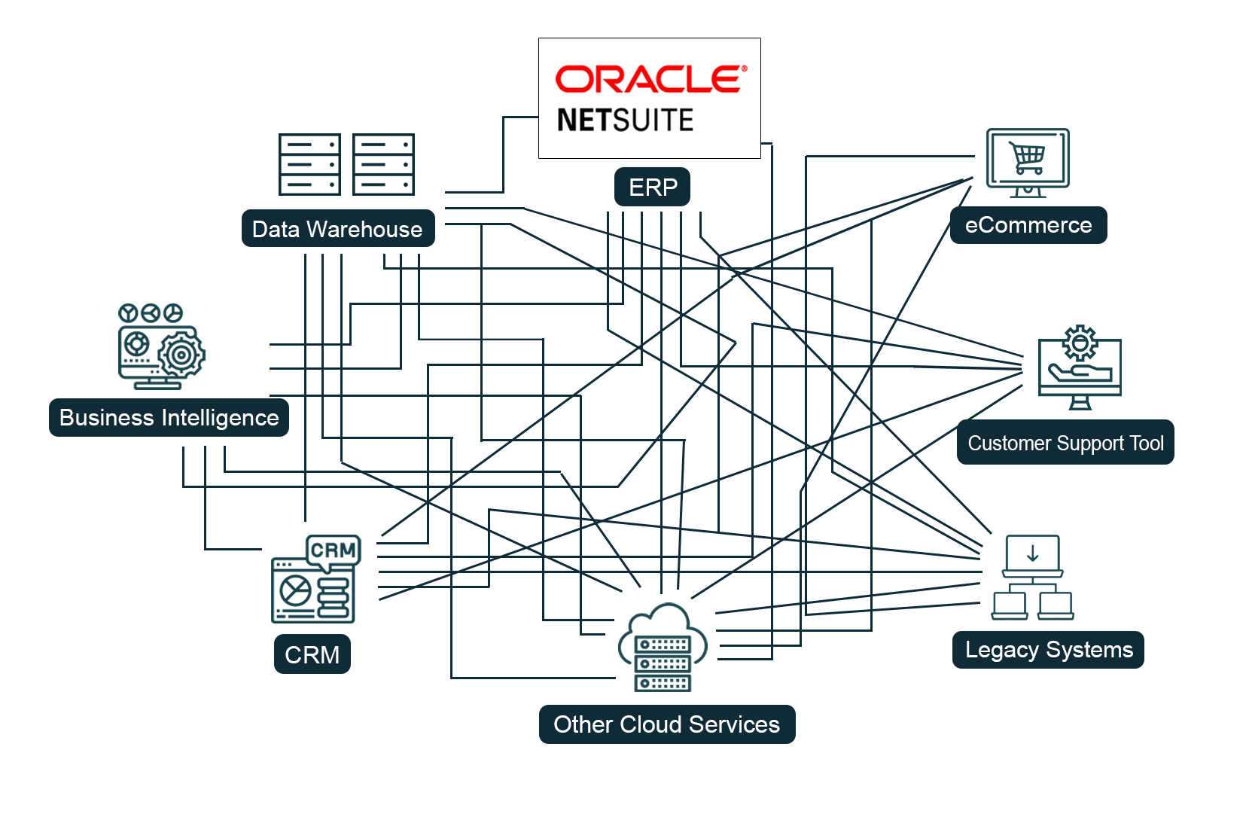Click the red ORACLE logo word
pyautogui.click(x=650, y=79)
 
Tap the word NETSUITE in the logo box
pyautogui.click(x=625, y=120)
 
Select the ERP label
pyautogui.click(x=653, y=187)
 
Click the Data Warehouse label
pyautogui.click(x=338, y=229)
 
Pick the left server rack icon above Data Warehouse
pyautogui.click(x=309, y=164)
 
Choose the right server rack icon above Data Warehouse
pyautogui.click(x=383, y=164)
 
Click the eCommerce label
pyautogui.click(x=1028, y=225)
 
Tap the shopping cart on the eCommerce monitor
pyautogui.click(x=1028, y=158)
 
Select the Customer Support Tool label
pyautogui.click(x=1066, y=443)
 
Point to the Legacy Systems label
pyautogui.click(x=1049, y=650)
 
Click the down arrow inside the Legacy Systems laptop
pyautogui.click(x=1033, y=553)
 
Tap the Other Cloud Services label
pyautogui.click(x=667, y=724)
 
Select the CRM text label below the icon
pyautogui.click(x=312, y=654)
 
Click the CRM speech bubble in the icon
pyautogui.click(x=334, y=550)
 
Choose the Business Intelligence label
pyautogui.click(x=169, y=418)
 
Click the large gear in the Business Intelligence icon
pyautogui.click(x=181, y=354)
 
